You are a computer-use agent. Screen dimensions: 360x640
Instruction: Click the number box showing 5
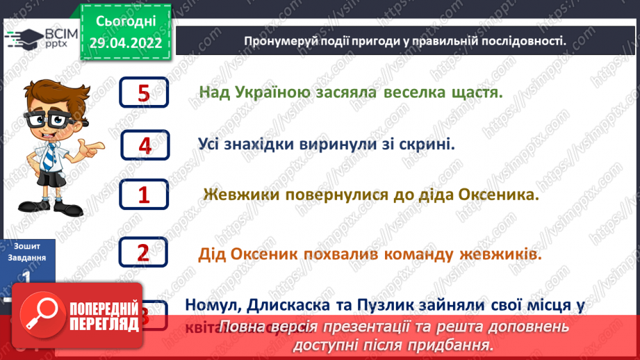[x=144, y=93]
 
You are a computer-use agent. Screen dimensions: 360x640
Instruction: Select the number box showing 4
[x=145, y=145]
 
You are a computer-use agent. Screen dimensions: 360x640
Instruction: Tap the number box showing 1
[x=145, y=195]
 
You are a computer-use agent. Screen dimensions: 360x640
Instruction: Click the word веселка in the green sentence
[x=414, y=92]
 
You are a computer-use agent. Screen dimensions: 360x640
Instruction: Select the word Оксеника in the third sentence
[x=498, y=195]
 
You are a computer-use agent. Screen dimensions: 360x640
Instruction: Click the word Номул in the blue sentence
[x=210, y=304]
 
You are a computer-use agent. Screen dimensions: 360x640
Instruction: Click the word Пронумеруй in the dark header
[x=279, y=41]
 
